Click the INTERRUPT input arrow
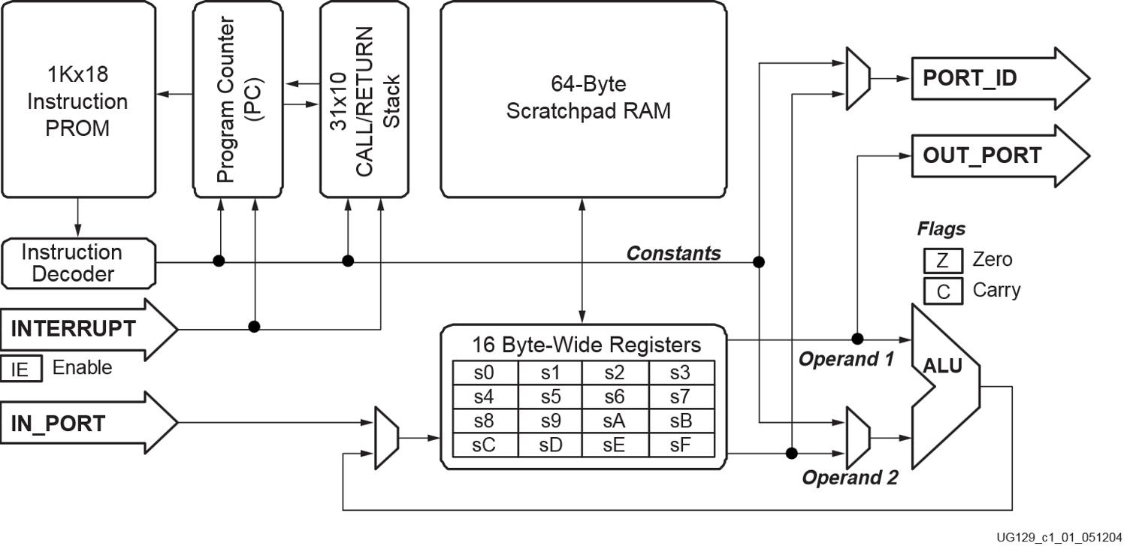(x=86, y=329)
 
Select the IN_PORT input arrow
(x=86, y=423)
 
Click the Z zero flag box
(x=943, y=261)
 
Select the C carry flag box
(x=943, y=290)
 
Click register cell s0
(x=484, y=373)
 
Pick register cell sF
(x=680, y=444)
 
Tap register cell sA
(x=615, y=421)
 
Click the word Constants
(x=673, y=253)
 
